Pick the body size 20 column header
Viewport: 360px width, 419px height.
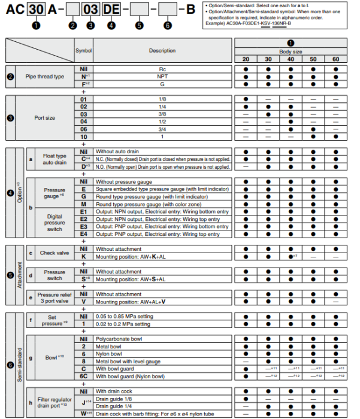[246, 59]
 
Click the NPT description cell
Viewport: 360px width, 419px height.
[162, 77]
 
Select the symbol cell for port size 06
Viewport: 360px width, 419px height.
[84, 129]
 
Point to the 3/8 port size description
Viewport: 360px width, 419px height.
[162, 114]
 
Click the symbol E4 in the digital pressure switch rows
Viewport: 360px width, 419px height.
[84, 233]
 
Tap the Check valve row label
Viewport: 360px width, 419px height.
[55, 253]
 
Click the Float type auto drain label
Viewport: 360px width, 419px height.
[55, 159]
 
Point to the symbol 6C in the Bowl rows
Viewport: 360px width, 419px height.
[84, 376]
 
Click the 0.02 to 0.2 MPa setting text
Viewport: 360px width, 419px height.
[123, 324]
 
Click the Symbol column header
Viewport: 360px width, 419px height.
[84, 50]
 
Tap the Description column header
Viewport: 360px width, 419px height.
[162, 50]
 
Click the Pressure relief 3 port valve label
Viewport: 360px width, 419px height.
[55, 298]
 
